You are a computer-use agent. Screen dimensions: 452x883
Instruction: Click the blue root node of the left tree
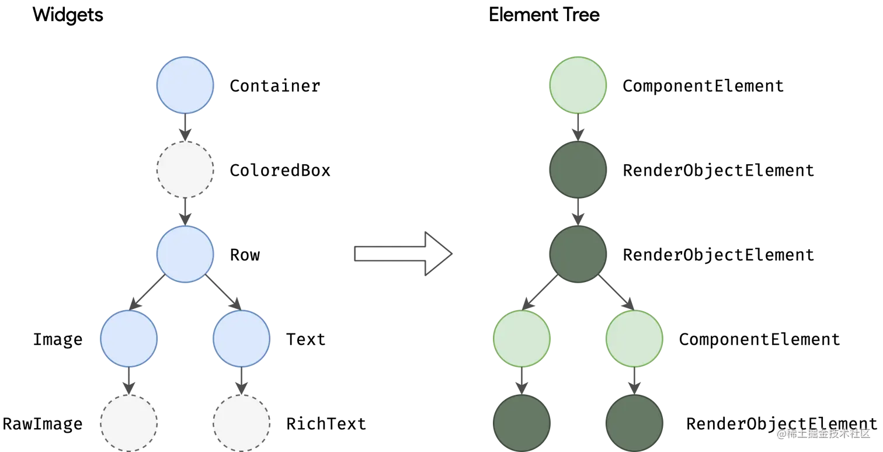click(185, 85)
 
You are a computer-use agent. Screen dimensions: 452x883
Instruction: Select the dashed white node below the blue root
click(185, 169)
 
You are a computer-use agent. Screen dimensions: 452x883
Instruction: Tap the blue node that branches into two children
click(185, 254)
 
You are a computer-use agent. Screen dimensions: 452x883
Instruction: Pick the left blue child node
click(128, 338)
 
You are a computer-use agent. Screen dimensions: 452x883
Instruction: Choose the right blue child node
click(241, 338)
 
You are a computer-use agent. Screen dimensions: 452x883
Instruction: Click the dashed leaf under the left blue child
click(128, 422)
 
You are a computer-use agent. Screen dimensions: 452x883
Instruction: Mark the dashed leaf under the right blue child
click(241, 422)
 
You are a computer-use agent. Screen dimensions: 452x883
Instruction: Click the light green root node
click(578, 85)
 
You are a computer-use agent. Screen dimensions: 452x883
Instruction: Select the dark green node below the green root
click(578, 169)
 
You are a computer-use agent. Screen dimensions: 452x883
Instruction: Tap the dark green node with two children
click(578, 254)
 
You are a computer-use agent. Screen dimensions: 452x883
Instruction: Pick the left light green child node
click(522, 338)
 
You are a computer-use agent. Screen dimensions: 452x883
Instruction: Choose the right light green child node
click(634, 338)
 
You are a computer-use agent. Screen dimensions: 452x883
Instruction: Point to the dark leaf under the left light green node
click(522, 422)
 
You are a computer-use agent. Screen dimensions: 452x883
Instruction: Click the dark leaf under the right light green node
click(634, 422)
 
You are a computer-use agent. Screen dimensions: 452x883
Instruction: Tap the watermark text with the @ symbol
click(822, 433)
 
